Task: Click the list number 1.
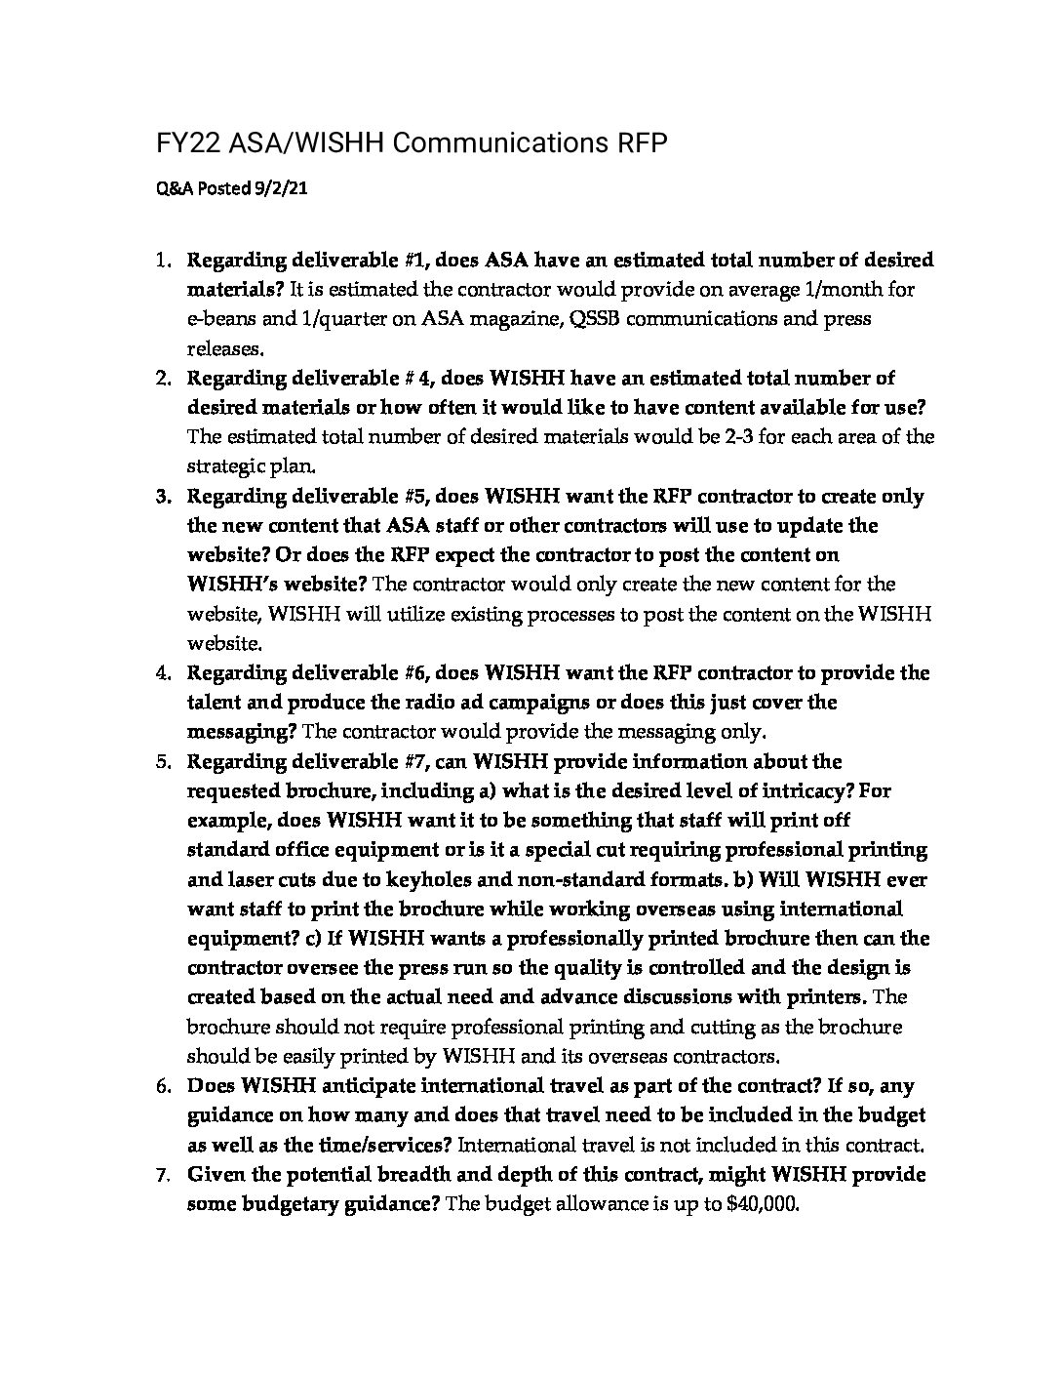(162, 261)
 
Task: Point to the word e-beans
(220, 319)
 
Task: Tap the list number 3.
(162, 497)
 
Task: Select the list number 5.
(162, 761)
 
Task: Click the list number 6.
(162, 1086)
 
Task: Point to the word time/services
(383, 1145)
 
